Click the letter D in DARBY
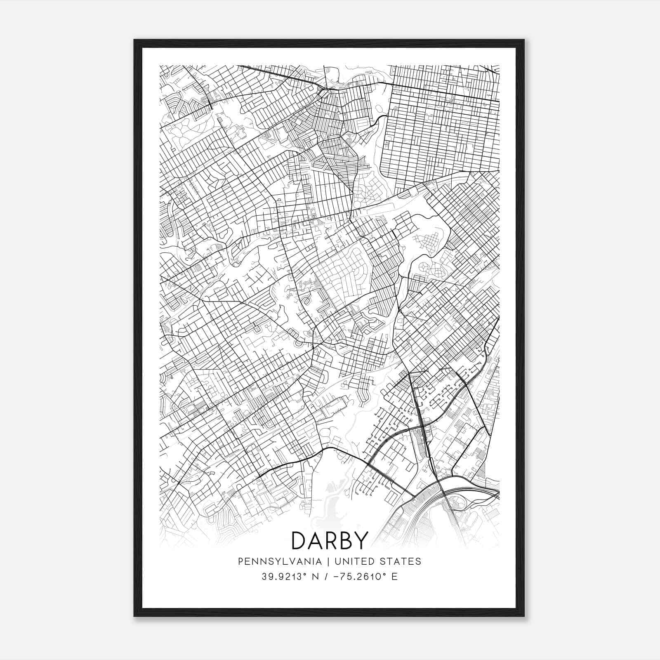(299, 541)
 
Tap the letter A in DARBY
(315, 541)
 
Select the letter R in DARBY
(330, 541)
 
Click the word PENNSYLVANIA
(280, 561)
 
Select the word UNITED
(354, 561)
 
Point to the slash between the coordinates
(326, 576)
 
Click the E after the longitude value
(395, 576)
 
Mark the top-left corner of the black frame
(135, 40)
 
